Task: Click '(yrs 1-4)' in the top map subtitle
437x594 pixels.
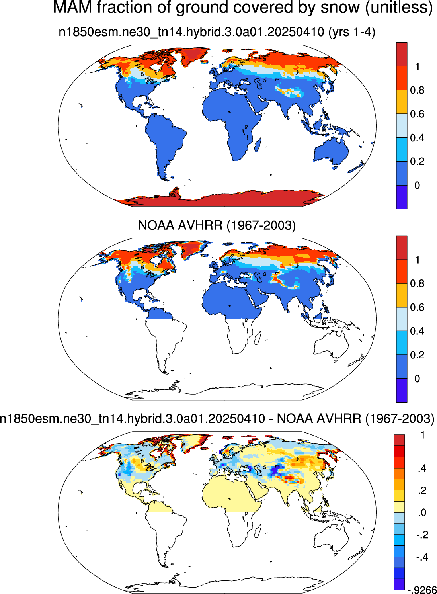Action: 351,32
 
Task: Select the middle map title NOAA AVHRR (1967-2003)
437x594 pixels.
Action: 217,225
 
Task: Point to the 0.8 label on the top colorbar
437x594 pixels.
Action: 417,90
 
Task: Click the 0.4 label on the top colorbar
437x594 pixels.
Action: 417,138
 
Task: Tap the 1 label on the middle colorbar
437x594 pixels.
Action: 417,260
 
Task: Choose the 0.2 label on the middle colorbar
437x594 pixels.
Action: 417,355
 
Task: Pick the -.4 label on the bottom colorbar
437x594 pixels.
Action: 423,557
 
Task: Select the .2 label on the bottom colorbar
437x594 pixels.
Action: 423,490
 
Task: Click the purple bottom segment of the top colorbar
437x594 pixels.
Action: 402,197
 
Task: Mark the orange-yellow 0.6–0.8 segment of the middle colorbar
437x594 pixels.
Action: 402,295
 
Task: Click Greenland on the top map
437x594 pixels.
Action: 194,56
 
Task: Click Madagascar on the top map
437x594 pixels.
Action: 258,144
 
